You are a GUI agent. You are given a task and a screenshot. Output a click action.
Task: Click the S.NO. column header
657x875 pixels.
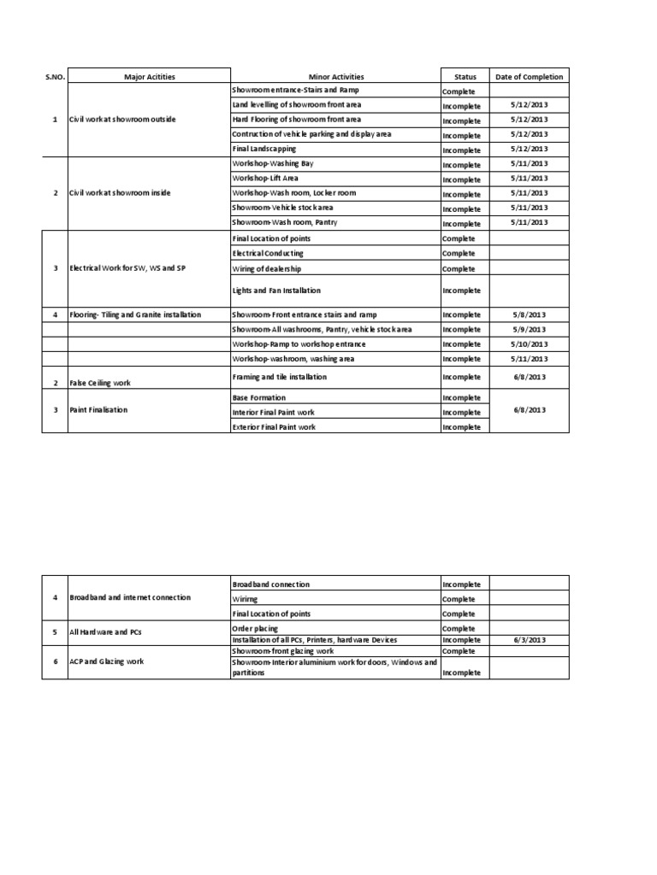tap(55, 77)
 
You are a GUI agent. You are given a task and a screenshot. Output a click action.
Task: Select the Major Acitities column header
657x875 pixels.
tap(149, 77)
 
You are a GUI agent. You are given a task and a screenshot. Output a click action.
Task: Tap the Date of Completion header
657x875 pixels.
tap(530, 77)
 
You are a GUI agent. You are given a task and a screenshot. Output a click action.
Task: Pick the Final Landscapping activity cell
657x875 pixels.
tap(264, 149)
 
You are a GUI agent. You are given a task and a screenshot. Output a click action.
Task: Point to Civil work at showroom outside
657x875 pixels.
tap(122, 119)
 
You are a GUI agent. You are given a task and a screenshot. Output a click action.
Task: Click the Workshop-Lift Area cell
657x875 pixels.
tap(265, 178)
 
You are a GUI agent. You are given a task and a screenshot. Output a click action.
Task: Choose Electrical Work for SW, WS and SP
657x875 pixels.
tap(127, 268)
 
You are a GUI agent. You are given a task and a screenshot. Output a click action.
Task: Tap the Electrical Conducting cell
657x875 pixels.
tap(268, 254)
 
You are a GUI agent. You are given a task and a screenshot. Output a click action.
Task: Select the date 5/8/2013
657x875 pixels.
tap(529, 315)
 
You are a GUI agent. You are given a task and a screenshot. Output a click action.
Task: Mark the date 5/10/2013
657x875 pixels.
tap(529, 344)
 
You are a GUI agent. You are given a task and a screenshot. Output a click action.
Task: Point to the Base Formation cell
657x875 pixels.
tap(259, 398)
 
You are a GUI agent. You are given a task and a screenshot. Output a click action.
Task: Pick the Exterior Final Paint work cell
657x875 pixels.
tap(274, 426)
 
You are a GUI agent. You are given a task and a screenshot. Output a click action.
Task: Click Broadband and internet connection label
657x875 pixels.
tap(130, 597)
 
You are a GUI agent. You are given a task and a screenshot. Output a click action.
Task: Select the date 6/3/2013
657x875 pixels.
tap(529, 640)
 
